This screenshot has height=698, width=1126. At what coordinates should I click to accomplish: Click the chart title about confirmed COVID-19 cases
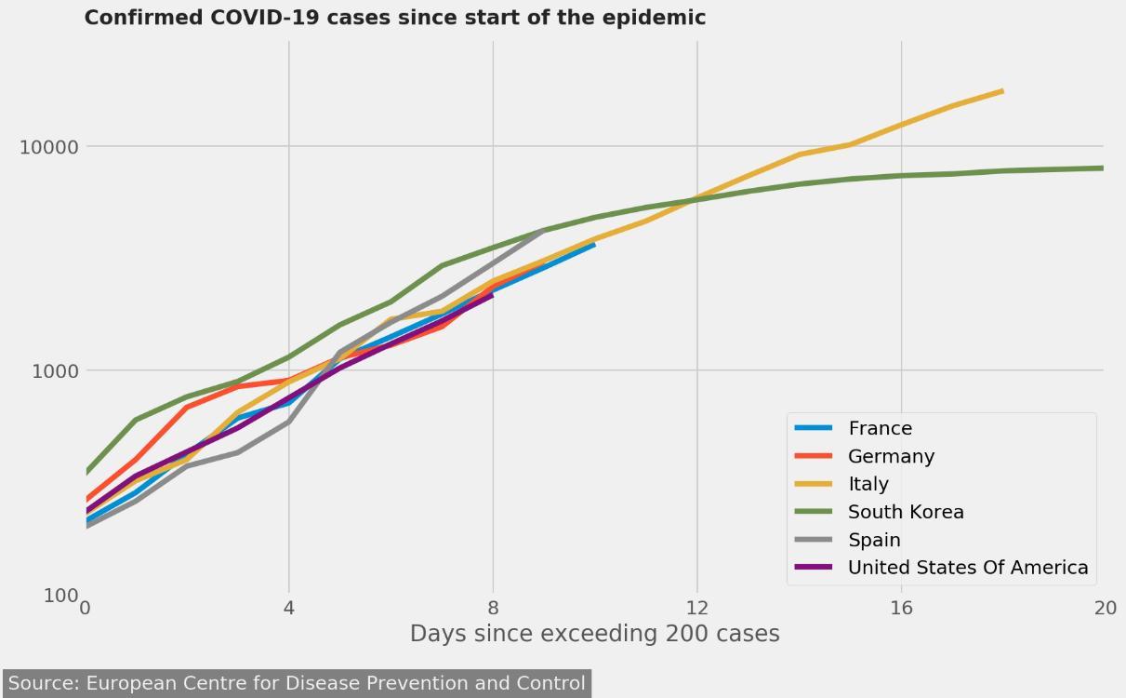(394, 18)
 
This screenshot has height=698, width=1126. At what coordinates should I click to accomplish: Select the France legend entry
(880, 428)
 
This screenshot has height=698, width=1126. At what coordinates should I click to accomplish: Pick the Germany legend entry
(891, 456)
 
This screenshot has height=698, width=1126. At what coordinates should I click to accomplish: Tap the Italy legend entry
(868, 484)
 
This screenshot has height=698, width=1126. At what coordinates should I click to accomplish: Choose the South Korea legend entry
(906, 512)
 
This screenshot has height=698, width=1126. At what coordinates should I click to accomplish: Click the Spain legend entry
(874, 540)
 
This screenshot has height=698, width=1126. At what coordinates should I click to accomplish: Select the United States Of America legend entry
(967, 568)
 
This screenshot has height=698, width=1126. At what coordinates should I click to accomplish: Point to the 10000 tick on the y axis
(49, 147)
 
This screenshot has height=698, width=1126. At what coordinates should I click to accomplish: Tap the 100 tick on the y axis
(60, 595)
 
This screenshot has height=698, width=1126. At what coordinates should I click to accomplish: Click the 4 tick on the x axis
(289, 609)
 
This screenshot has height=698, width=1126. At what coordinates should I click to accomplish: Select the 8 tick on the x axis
(493, 609)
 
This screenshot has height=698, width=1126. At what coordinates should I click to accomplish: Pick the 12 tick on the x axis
(696, 609)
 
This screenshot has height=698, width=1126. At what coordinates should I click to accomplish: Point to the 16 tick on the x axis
(901, 609)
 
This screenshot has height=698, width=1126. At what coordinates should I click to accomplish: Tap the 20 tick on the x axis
(1104, 609)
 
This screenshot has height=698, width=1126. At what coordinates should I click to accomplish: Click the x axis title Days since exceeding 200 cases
(594, 634)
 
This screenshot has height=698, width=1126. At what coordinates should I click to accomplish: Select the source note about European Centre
(297, 683)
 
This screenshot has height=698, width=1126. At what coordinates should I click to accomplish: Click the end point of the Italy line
(1001, 91)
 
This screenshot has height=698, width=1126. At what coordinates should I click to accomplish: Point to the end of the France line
(594, 244)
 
